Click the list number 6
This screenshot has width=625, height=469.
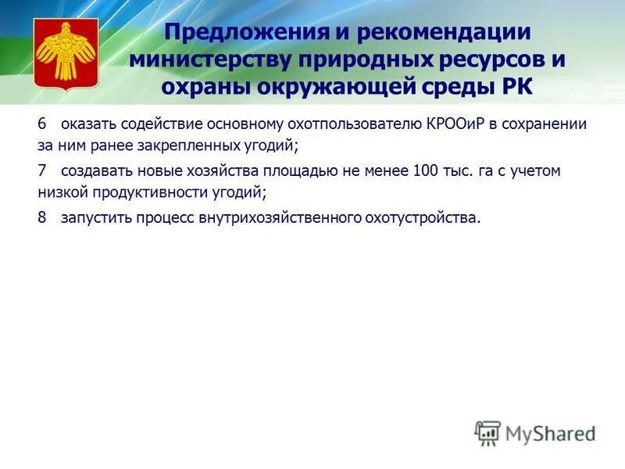[x=42, y=124]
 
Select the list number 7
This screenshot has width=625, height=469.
[x=42, y=170]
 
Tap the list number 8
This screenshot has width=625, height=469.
[x=42, y=217]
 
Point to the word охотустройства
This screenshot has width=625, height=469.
[x=423, y=217]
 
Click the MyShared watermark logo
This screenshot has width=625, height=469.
[x=536, y=433]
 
